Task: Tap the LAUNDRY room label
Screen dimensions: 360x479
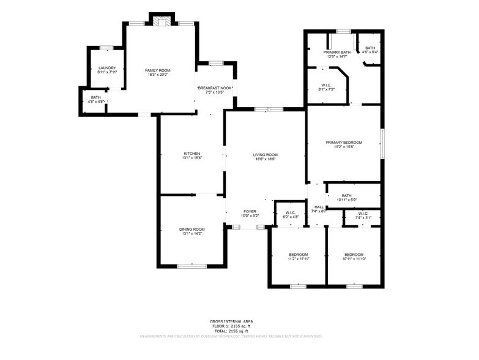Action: point(107,68)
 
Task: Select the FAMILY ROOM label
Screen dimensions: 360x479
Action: point(156,70)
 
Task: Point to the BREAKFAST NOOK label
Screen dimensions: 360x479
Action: point(215,88)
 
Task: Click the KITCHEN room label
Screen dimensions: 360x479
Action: point(192,153)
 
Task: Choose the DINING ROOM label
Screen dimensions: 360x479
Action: point(191,229)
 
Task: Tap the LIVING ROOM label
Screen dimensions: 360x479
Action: point(265,154)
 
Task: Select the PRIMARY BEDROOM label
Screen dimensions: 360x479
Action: point(343,142)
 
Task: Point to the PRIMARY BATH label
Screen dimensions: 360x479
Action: point(336,52)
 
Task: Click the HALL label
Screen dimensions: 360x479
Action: point(319,207)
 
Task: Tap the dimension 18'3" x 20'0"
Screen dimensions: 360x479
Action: point(156,75)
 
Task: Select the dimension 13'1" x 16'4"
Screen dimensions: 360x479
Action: point(192,158)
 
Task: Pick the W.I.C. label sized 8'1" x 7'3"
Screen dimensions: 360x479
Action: point(326,85)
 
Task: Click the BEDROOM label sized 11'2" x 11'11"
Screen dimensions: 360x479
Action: point(299,254)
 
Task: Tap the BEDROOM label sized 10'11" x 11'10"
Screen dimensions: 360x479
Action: point(354,254)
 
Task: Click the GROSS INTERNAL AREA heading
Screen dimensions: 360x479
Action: point(231,321)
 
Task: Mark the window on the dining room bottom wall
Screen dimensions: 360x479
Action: point(188,266)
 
